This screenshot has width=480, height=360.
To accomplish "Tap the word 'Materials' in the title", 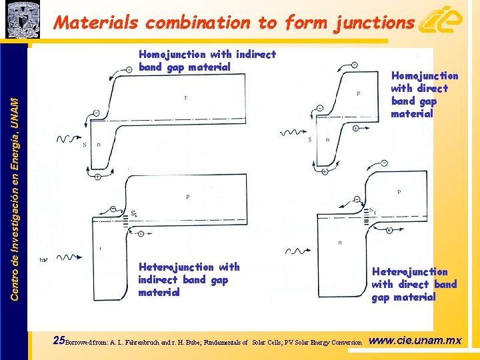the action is tap(96, 23).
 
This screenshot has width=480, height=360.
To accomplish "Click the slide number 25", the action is tap(59, 341).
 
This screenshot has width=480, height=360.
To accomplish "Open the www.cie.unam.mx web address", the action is tap(415, 341).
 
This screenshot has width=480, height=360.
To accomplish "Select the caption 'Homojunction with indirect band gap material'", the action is tap(207, 61).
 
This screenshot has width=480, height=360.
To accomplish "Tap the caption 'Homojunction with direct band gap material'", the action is tap(424, 95).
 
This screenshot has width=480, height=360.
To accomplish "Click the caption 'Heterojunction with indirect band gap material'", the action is tap(189, 279).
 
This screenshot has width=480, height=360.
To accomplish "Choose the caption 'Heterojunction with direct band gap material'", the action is tap(414, 284).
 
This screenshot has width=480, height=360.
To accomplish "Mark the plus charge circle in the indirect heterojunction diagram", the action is tap(141, 233).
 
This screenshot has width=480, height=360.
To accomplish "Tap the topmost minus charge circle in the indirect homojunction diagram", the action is tap(129, 70).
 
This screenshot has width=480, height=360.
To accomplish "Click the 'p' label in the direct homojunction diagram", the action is tap(358, 93).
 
